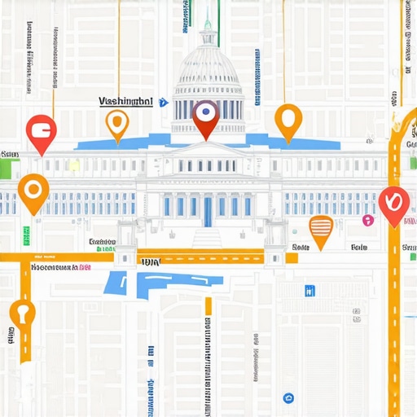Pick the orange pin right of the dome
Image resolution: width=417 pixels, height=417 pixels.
point(288,119)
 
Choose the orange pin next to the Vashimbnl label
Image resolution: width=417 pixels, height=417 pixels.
point(118,123)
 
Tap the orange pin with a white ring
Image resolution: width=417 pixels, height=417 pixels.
point(33,190)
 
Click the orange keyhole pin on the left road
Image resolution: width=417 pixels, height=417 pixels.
point(22,313)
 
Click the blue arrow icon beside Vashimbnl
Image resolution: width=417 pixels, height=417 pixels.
point(163,103)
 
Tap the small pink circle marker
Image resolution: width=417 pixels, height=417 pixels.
point(368,220)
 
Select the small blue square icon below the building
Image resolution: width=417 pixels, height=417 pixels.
point(309,291)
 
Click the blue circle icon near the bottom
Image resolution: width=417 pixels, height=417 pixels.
point(288,398)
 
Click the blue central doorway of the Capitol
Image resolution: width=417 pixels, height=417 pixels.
point(208,211)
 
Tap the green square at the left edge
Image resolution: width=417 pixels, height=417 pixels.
point(9,169)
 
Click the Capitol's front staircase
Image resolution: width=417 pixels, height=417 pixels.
point(207,239)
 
